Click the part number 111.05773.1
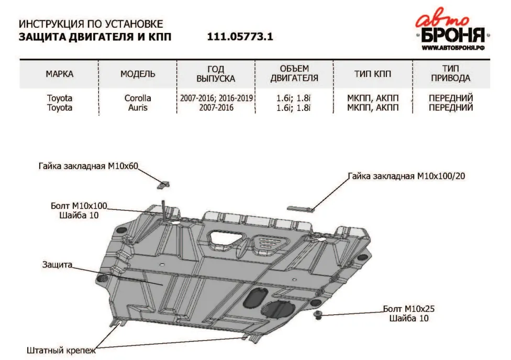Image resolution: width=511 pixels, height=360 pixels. click(240, 37)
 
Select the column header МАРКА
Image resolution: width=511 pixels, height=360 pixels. click(59, 74)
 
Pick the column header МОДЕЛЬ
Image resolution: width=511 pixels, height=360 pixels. click(138, 74)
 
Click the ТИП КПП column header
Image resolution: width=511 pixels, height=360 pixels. click(373, 74)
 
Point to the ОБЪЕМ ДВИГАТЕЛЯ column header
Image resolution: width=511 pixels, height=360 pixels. click(294, 74)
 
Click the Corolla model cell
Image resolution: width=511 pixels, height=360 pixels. click(138, 98)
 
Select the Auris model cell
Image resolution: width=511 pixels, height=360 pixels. click(138, 108)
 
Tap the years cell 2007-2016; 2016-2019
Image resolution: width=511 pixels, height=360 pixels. click(216, 98)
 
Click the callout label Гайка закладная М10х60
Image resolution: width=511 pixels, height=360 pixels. click(88, 166)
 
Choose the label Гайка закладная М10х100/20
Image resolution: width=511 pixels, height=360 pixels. click(406, 176)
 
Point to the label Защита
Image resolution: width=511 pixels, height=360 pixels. click(57, 265)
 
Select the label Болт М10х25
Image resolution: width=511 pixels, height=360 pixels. click(411, 309)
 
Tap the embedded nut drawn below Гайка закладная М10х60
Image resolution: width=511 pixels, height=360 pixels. click(164, 184)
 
